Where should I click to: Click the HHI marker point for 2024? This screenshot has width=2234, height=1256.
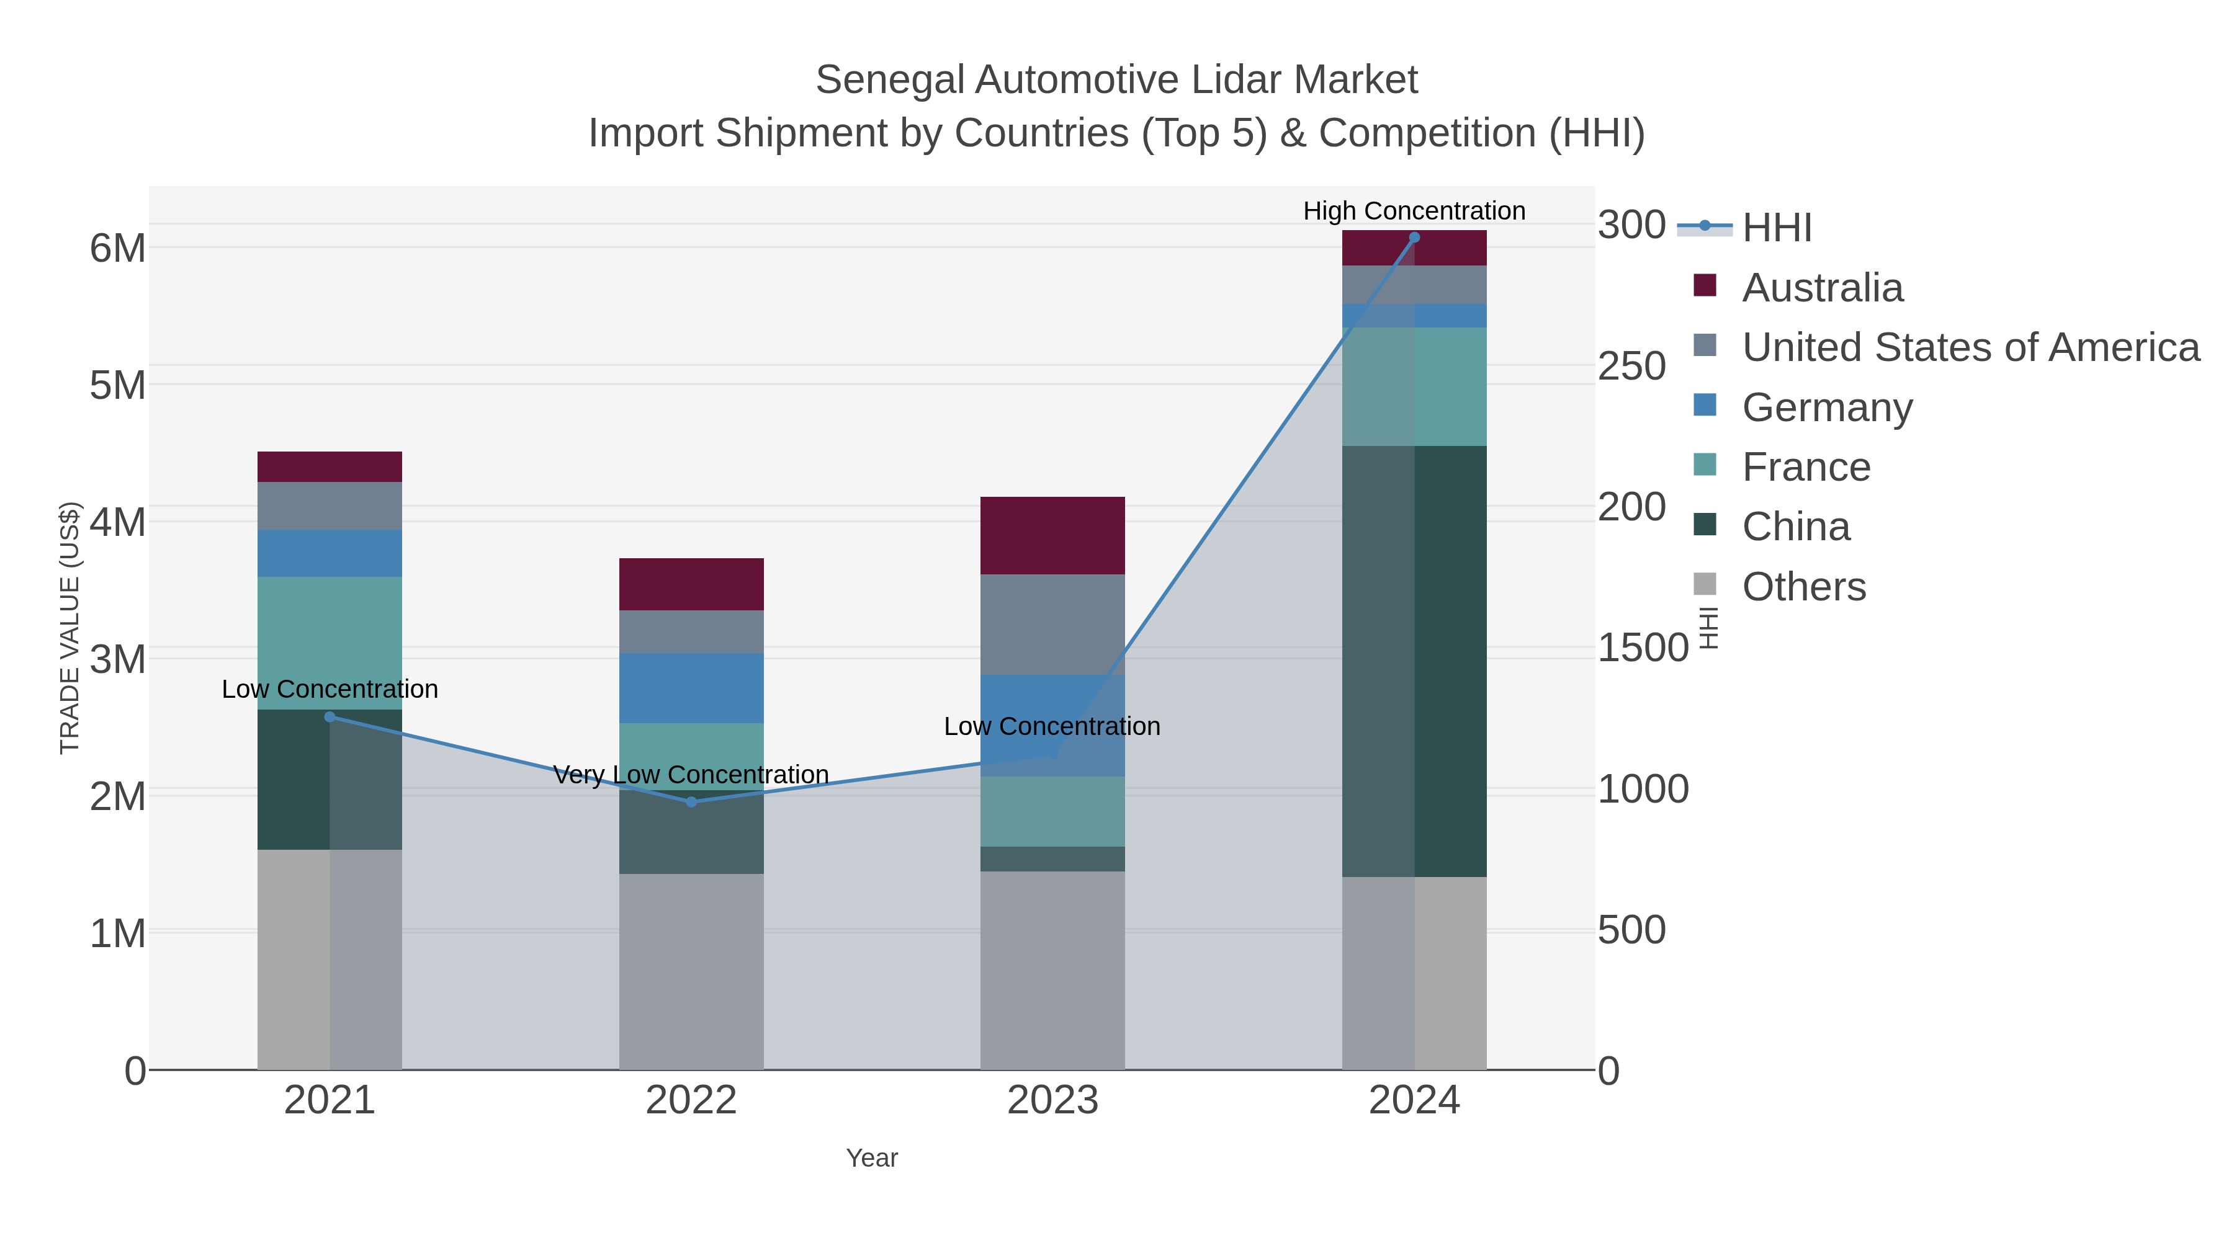point(1414,238)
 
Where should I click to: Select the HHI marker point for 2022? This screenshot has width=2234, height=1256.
point(691,802)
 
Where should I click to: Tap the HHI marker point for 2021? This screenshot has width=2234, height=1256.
point(330,717)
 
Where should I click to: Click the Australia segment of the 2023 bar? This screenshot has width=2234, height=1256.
point(1052,536)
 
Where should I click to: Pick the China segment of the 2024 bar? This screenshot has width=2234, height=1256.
point(1414,661)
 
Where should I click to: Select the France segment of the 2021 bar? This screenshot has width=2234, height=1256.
point(330,643)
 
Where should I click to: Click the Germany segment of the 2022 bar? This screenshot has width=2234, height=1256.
point(691,688)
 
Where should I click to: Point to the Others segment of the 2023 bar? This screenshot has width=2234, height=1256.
point(1052,971)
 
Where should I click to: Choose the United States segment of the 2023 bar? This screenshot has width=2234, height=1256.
point(1052,624)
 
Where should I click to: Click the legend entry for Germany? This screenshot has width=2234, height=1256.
point(1826,408)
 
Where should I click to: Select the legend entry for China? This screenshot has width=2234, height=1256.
point(1795,527)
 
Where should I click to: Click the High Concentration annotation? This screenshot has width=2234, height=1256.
point(1414,211)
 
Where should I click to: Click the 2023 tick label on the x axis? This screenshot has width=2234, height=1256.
point(1052,1101)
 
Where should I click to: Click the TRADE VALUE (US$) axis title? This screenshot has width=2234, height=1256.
point(70,628)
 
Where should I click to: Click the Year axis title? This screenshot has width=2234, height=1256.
point(872,1158)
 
